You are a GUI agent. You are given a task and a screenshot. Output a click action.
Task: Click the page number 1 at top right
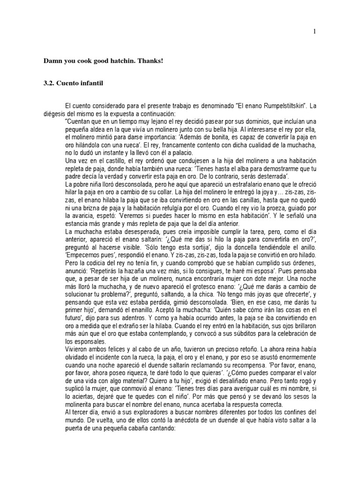tap(315, 31)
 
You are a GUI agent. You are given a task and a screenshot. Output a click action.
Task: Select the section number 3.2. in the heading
tap(49, 83)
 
